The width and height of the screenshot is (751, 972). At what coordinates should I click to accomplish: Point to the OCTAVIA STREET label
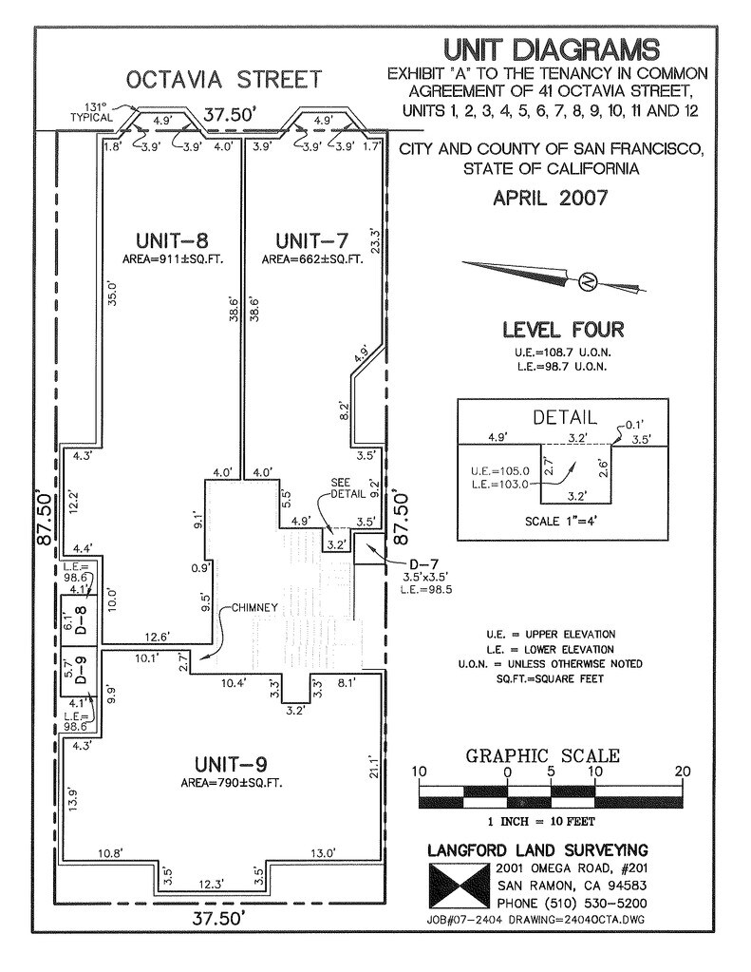[225, 78]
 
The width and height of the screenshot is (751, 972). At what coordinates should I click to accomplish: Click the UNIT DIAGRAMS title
[551, 49]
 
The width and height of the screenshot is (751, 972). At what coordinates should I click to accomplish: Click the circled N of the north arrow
[588, 281]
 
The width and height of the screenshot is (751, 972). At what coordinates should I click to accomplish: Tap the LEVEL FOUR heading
[563, 331]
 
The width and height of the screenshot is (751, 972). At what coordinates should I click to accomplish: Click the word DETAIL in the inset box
[564, 417]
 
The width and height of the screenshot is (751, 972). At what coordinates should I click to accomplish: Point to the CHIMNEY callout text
[252, 607]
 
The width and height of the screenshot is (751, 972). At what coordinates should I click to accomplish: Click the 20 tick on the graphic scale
[683, 772]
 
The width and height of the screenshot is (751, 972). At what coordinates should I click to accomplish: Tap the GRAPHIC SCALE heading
[542, 756]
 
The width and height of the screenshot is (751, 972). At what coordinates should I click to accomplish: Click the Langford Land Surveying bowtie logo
[458, 886]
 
